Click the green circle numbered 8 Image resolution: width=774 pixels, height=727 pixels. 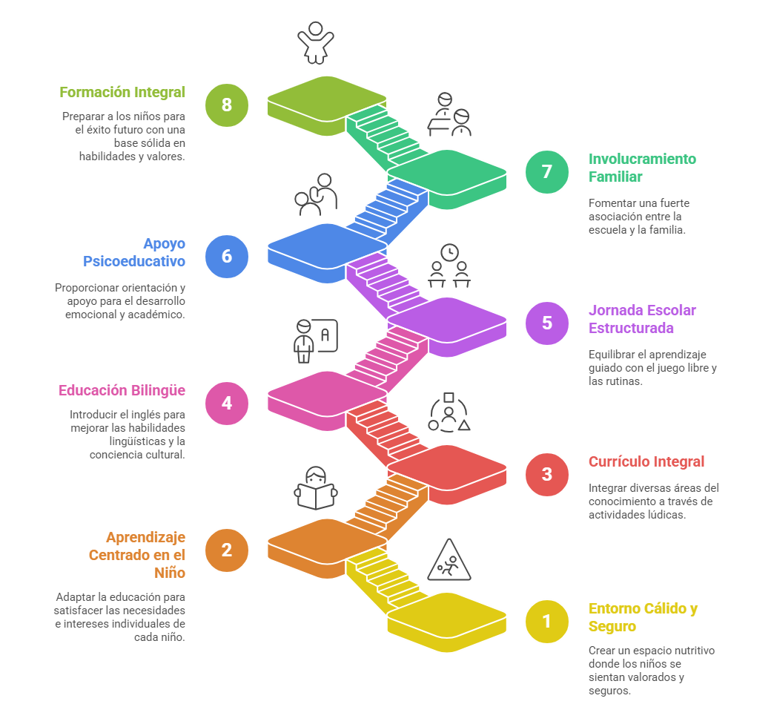(x=226, y=105)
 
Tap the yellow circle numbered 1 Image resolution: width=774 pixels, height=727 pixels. (x=546, y=621)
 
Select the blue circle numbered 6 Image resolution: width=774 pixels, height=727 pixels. (x=226, y=256)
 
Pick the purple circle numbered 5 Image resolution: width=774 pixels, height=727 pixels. (x=546, y=323)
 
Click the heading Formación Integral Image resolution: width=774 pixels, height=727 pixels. (x=122, y=93)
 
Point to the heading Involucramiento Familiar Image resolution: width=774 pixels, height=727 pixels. (x=642, y=168)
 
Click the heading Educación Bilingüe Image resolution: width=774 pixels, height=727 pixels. (x=122, y=390)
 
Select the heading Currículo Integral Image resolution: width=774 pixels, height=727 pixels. (x=646, y=461)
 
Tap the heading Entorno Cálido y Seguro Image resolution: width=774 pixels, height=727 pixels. (x=643, y=617)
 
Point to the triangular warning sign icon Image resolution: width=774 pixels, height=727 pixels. (x=449, y=561)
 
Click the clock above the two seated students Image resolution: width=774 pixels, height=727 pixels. (x=449, y=253)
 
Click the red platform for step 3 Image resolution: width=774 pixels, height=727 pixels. (x=447, y=468)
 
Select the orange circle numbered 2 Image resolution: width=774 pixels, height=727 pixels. (x=226, y=550)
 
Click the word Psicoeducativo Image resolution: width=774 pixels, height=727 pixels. (x=133, y=261)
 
